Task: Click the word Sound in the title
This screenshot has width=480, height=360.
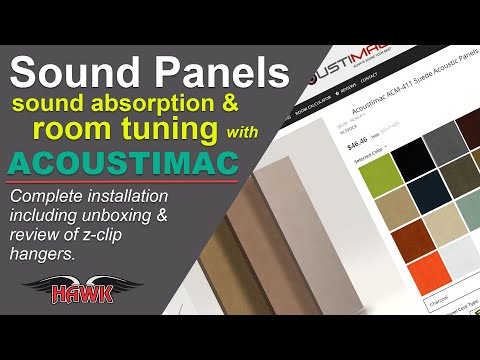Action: tap(83, 73)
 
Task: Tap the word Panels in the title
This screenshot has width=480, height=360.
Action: tap(222, 73)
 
